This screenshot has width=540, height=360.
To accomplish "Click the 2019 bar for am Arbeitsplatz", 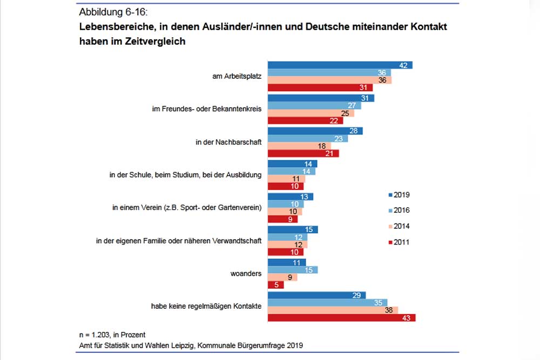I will [x=340, y=65].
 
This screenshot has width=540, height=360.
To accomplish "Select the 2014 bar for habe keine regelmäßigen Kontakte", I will [x=333, y=310].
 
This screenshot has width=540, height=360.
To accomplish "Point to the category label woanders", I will [x=247, y=274].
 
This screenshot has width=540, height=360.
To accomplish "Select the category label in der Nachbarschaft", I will [x=228, y=142].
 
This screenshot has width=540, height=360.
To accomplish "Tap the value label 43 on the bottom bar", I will [x=407, y=318].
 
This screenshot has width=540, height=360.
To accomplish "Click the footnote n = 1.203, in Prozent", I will [x=112, y=335].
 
